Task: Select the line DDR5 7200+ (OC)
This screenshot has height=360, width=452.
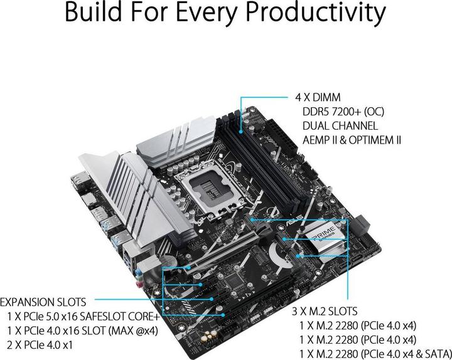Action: [x=343, y=112]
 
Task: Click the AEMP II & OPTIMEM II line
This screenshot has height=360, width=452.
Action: [x=352, y=139]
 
